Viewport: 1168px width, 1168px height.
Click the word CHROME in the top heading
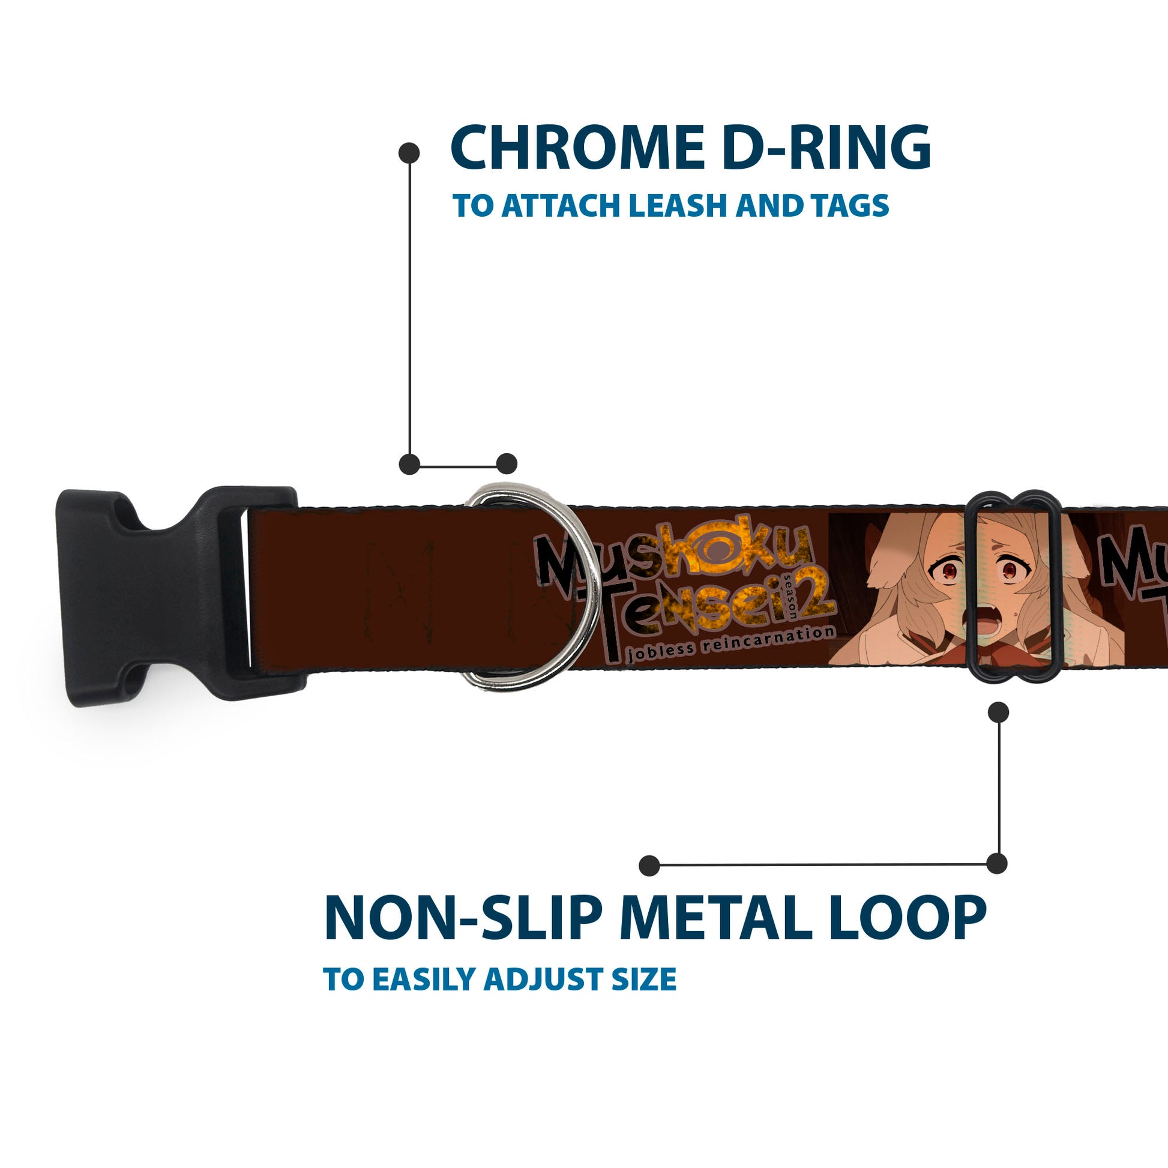click(x=577, y=148)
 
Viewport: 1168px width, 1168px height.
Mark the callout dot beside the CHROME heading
click(x=409, y=153)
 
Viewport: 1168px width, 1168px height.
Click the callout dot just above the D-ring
click(x=507, y=464)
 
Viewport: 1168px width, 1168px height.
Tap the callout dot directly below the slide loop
click(x=998, y=713)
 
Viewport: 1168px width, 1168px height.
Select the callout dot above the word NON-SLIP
click(x=649, y=865)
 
